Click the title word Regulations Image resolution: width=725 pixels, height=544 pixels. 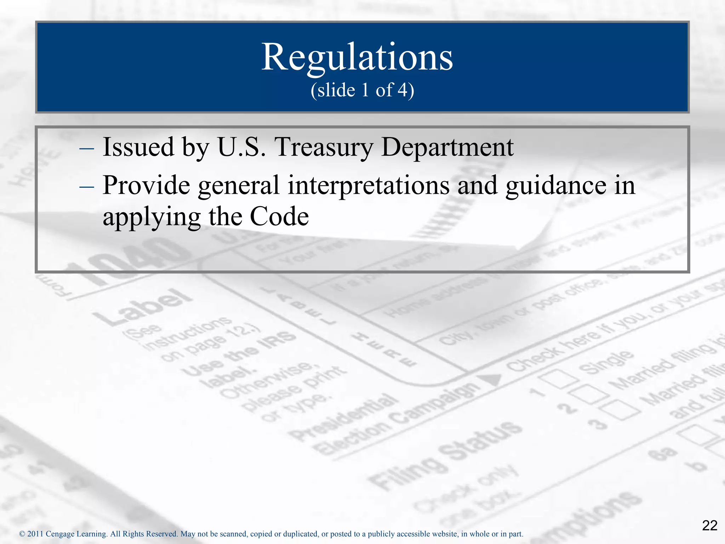point(357,57)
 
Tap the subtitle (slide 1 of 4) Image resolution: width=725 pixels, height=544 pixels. point(362,90)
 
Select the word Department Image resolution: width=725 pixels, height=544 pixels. point(447,147)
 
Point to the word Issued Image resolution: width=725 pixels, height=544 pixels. point(138,147)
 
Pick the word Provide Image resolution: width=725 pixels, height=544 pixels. point(146,185)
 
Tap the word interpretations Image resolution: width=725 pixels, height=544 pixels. point(369,185)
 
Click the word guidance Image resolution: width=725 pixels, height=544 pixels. point(556,185)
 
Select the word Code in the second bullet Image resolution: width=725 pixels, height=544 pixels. point(279,216)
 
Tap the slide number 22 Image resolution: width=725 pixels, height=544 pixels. point(709,526)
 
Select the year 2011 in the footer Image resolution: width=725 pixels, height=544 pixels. point(35,534)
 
